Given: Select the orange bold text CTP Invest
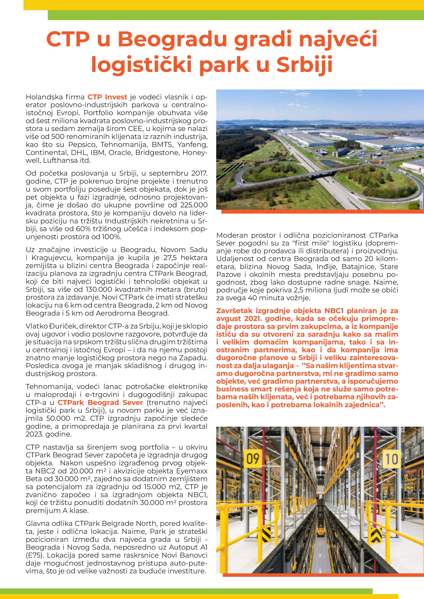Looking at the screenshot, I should pos(107,97).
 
